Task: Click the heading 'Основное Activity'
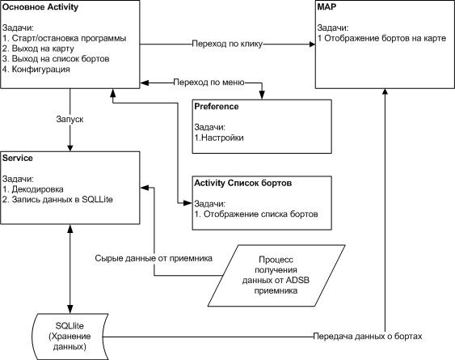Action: coord(40,7)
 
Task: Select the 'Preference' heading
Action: coord(217,107)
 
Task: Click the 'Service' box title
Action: coord(18,159)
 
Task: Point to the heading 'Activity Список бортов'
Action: coord(243,184)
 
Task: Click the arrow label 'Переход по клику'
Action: coord(227,44)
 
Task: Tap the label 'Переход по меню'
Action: coord(209,83)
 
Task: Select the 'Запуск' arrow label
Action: coord(70,120)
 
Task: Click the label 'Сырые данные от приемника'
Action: coord(154,258)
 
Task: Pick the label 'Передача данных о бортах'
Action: coord(368,337)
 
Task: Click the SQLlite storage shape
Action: coord(70,337)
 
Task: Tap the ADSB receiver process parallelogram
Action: coord(276,275)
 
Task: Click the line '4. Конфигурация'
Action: coord(36,70)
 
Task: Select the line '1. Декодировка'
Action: coord(33,189)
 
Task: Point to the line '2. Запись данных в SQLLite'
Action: coord(57,200)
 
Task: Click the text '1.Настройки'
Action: coord(219,138)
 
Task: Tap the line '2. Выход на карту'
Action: coord(38,49)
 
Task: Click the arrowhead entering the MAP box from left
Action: coord(312,44)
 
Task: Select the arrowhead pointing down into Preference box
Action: coord(262,95)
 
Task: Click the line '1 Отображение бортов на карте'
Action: coord(381,38)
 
